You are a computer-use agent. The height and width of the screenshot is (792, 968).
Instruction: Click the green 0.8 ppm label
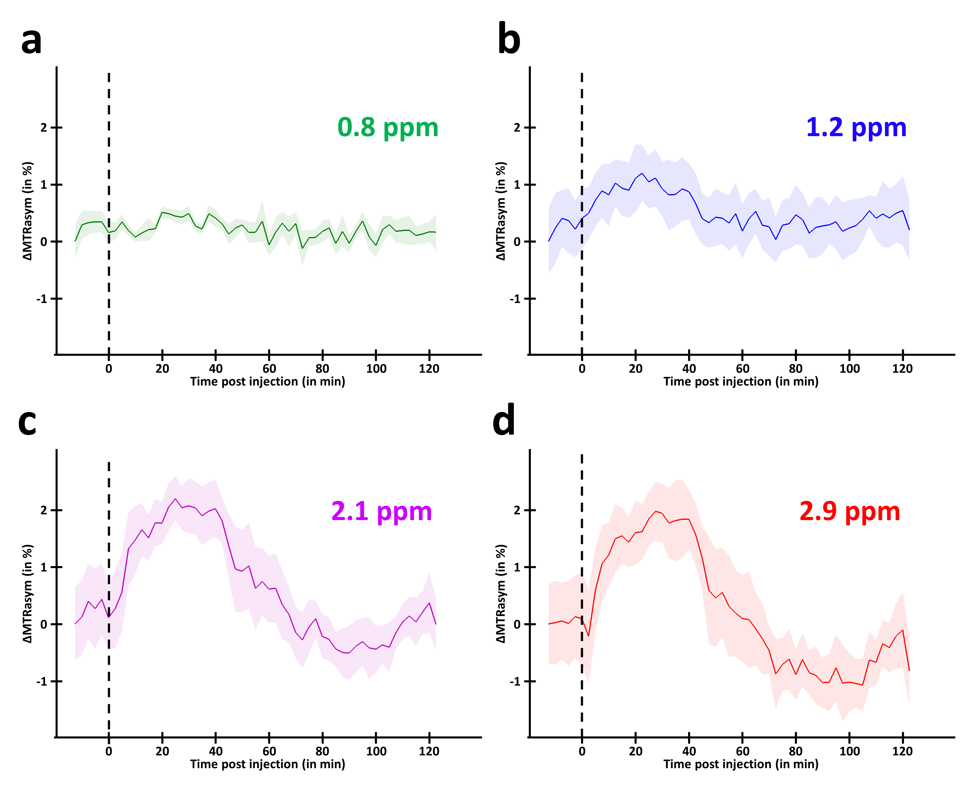pos(388,128)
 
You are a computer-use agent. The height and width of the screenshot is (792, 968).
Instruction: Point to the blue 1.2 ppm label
pos(856,128)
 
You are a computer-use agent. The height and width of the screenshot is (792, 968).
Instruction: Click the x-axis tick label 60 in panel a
pos(269,369)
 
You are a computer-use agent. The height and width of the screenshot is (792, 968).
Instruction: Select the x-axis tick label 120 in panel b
pos(902,369)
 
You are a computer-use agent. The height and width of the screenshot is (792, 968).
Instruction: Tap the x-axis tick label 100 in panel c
pos(376,751)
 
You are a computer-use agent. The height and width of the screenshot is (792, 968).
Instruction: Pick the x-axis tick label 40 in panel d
pos(689,751)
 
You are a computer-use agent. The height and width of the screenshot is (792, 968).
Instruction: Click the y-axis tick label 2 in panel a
pos(44,128)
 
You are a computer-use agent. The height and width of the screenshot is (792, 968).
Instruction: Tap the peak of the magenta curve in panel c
pos(175,499)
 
